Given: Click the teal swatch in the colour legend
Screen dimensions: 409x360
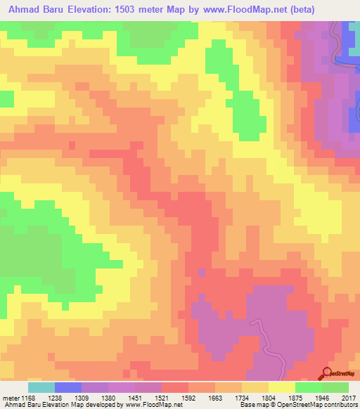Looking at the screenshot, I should [x=41, y=387].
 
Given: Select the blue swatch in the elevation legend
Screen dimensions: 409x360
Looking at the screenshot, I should [x=68, y=387].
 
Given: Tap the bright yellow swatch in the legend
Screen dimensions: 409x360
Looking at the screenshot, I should [x=282, y=387].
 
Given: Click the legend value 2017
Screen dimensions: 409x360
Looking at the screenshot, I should [x=349, y=397].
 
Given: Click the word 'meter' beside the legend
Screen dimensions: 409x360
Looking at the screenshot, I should [x=10, y=397].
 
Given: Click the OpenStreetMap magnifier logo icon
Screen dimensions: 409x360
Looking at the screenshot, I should [x=326, y=372].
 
